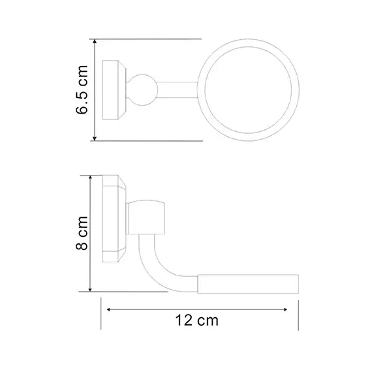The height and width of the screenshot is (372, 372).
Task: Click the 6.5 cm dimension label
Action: (82, 89)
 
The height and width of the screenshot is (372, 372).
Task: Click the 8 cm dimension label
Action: (82, 233)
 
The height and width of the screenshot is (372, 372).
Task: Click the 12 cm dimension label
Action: (196, 320)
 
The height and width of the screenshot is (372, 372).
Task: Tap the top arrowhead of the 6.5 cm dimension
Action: (95, 42)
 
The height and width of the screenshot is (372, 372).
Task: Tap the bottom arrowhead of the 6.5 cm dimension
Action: (95, 138)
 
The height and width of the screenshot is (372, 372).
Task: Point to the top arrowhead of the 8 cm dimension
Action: (90, 178)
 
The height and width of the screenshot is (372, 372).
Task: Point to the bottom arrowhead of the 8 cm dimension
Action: (90, 289)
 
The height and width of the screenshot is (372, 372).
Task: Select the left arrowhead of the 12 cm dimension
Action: (109, 309)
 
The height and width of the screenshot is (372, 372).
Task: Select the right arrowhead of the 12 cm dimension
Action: (285, 309)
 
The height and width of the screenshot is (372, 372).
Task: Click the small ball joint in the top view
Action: (142, 90)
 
